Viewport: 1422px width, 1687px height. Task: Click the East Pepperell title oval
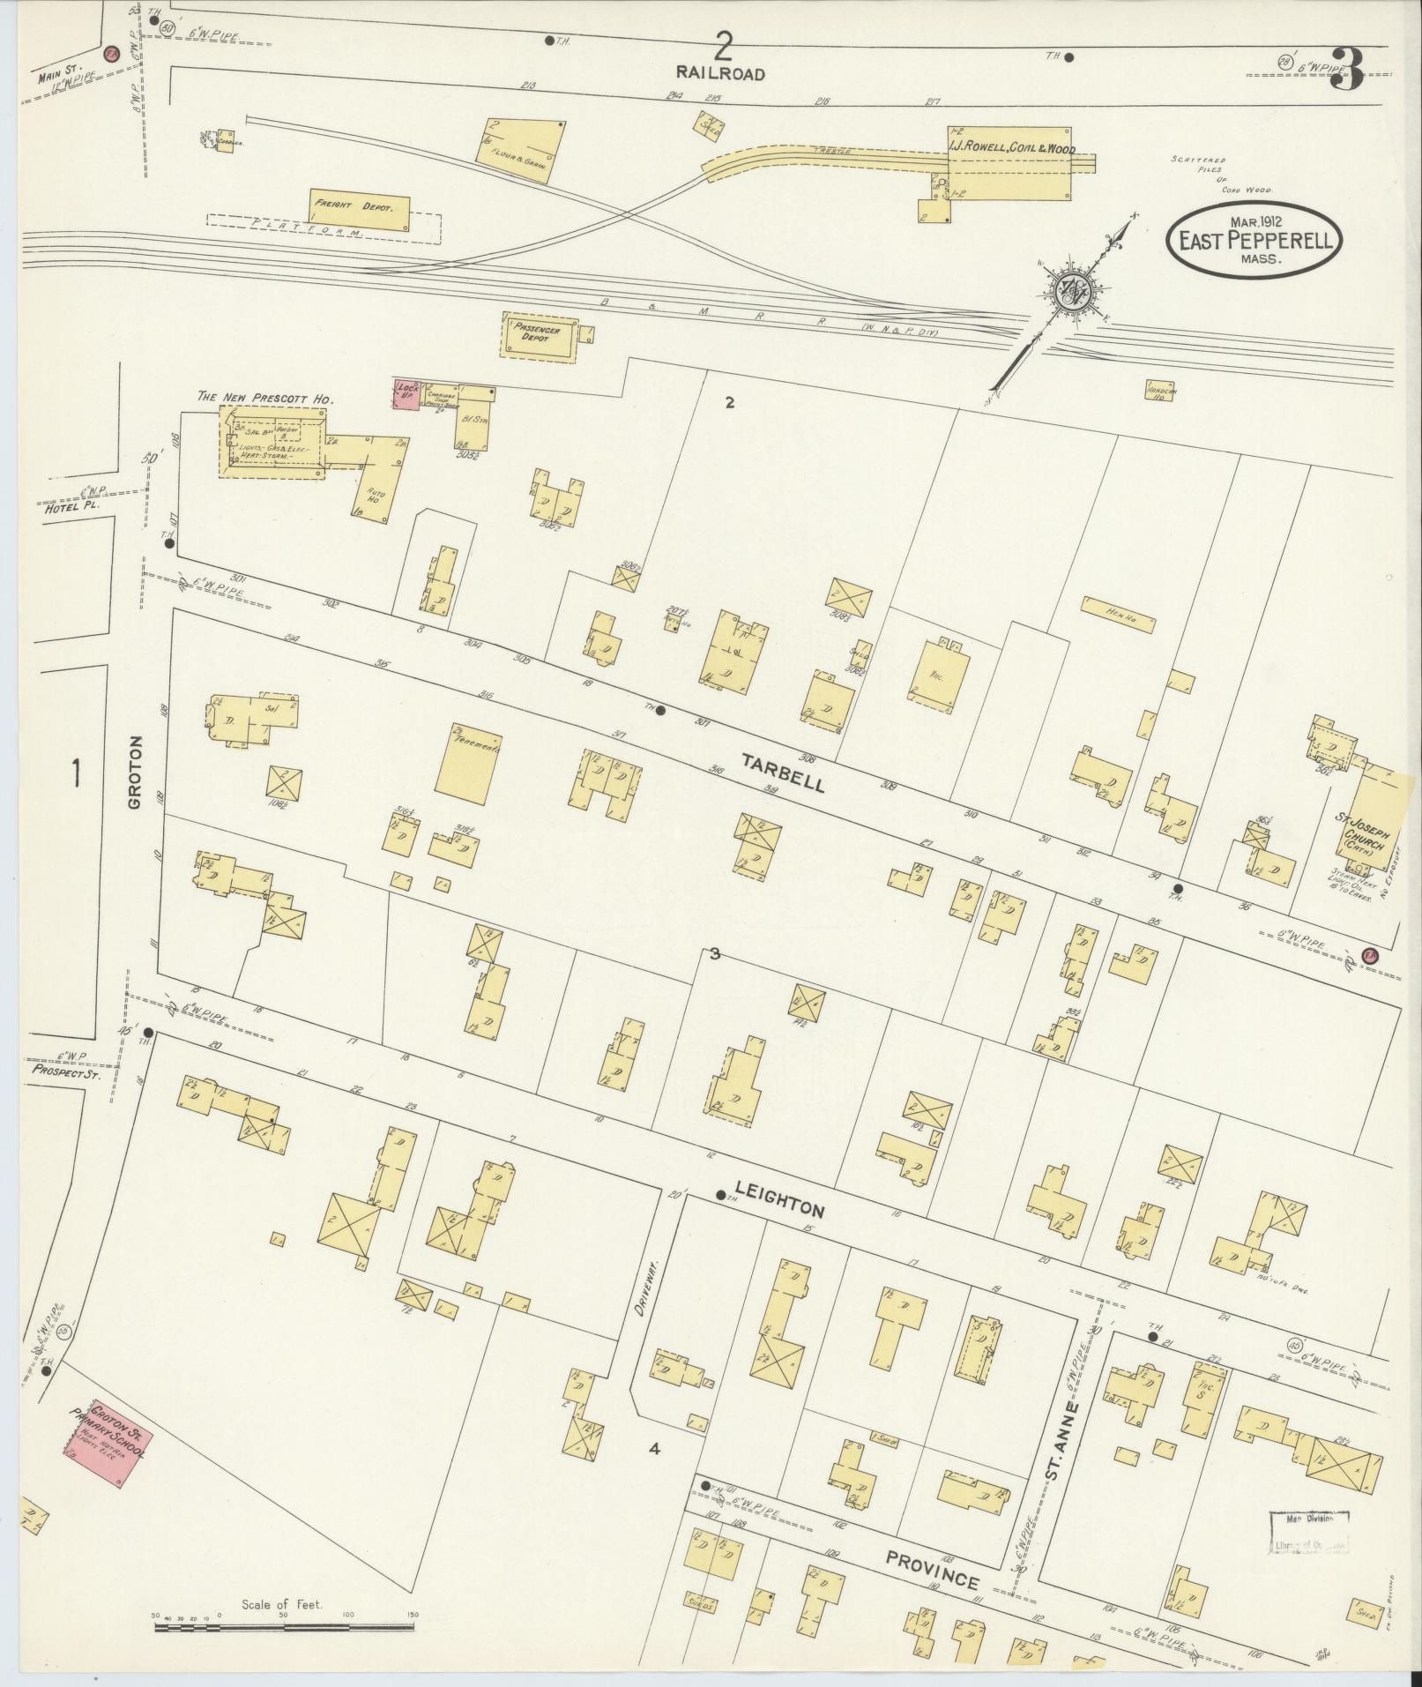point(1253,240)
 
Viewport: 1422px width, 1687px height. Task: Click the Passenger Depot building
point(539,336)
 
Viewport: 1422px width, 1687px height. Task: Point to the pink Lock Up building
point(406,394)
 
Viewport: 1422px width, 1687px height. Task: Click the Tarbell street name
point(783,773)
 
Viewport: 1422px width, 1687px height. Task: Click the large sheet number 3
point(1350,69)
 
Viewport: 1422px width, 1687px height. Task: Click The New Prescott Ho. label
point(264,399)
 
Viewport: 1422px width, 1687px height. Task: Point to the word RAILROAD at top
point(720,74)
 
